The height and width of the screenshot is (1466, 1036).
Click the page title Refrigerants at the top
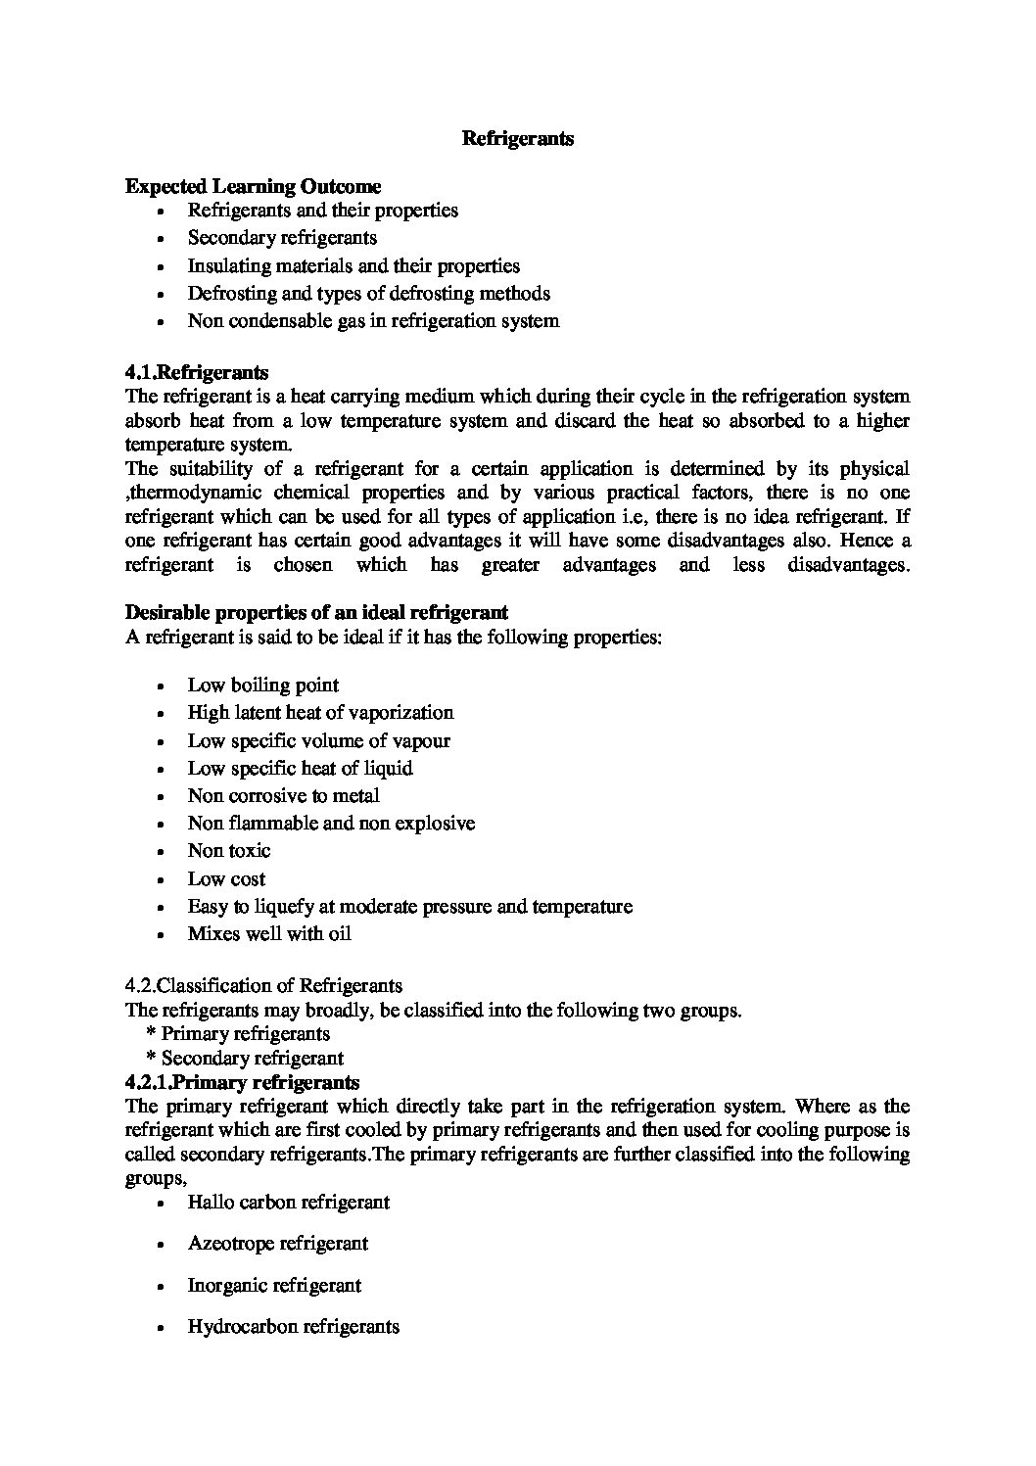tap(517, 139)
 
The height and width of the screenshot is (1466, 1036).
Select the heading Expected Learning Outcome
tap(254, 186)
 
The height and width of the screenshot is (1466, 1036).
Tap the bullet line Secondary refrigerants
tap(282, 238)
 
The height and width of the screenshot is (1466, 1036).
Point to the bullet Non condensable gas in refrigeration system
tap(373, 321)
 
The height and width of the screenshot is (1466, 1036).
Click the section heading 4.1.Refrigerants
tap(197, 372)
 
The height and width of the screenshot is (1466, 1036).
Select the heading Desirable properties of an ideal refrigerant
tap(316, 613)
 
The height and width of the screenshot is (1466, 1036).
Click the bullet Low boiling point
tap(263, 686)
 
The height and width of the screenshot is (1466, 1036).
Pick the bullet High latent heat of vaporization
tap(320, 713)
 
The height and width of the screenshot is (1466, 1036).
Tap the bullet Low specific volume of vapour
tap(318, 741)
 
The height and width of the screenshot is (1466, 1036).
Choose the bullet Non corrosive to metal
tap(284, 796)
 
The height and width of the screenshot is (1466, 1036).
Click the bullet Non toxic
tap(229, 851)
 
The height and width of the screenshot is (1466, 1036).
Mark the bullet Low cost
tap(226, 879)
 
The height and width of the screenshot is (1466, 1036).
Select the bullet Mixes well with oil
tap(269, 934)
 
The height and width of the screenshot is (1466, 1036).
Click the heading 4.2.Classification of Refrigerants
tap(264, 985)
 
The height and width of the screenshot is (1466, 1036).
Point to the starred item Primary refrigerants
tap(245, 1034)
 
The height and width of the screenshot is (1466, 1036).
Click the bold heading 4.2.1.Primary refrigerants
tap(243, 1083)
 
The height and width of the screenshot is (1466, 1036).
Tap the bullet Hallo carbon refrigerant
tap(289, 1203)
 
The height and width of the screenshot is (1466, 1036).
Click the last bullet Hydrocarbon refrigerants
tap(294, 1328)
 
